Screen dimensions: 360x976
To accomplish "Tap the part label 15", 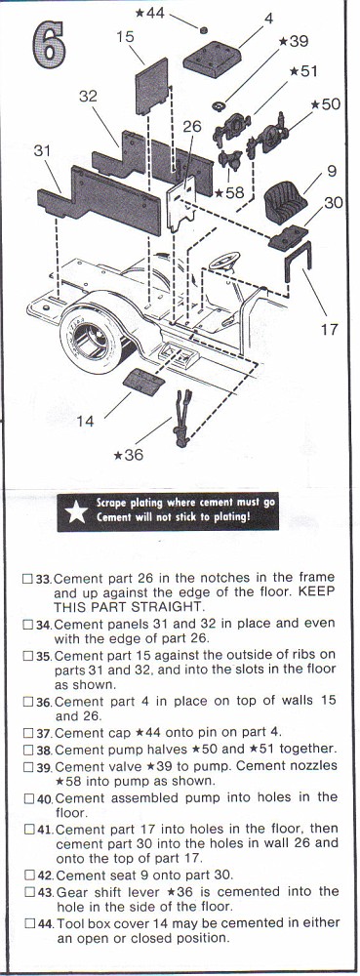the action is (125, 37).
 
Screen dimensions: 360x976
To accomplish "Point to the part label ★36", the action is (129, 455).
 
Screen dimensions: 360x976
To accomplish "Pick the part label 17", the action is (330, 329).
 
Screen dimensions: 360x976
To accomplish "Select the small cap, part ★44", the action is (202, 29).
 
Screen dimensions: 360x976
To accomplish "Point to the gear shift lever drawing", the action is (182, 418).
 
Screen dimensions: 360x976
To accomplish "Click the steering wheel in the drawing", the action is (224, 260).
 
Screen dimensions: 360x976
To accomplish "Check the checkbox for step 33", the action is (27, 578).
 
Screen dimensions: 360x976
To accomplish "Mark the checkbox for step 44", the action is (27, 922).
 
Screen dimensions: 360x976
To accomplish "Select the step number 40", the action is (46, 798).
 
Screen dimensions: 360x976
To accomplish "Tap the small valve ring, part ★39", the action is (219, 105).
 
